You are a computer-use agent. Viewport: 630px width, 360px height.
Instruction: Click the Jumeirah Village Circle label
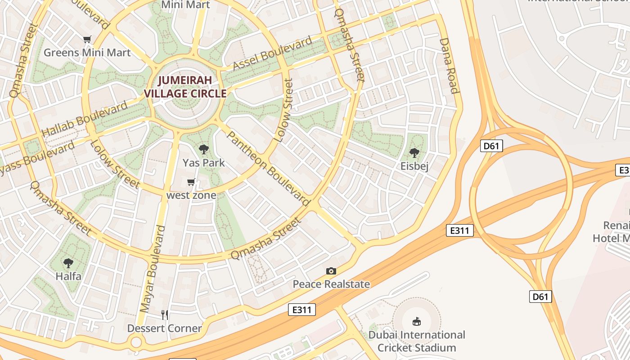coord(185,87)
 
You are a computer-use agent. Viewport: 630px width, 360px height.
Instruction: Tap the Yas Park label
coord(203,162)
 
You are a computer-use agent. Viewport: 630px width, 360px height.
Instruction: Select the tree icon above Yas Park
coord(204,149)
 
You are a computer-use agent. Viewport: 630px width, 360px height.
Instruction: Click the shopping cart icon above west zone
coord(191,182)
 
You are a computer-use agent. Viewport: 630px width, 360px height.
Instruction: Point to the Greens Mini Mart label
coord(87,53)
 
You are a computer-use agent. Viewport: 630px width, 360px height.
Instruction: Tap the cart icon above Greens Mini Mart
coord(87,40)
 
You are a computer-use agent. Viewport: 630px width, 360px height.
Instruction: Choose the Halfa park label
coord(68,276)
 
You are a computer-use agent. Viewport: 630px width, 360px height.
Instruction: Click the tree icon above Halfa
coord(68,263)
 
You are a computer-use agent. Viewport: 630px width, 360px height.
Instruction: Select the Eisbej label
coord(414,166)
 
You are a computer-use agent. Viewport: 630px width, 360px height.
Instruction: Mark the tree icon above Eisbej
coord(414,153)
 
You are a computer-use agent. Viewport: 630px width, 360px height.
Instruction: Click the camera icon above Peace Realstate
coord(331,271)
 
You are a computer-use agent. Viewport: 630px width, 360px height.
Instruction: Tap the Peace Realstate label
coord(331,284)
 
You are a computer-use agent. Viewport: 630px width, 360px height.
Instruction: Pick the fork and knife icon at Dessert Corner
coord(165,315)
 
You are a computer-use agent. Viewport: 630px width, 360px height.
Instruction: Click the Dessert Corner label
coord(165,328)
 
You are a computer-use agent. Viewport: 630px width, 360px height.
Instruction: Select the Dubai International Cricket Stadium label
coord(417,341)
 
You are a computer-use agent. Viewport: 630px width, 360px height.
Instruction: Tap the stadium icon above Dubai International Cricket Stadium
coord(417,321)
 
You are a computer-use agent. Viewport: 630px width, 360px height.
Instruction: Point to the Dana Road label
coord(450,66)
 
